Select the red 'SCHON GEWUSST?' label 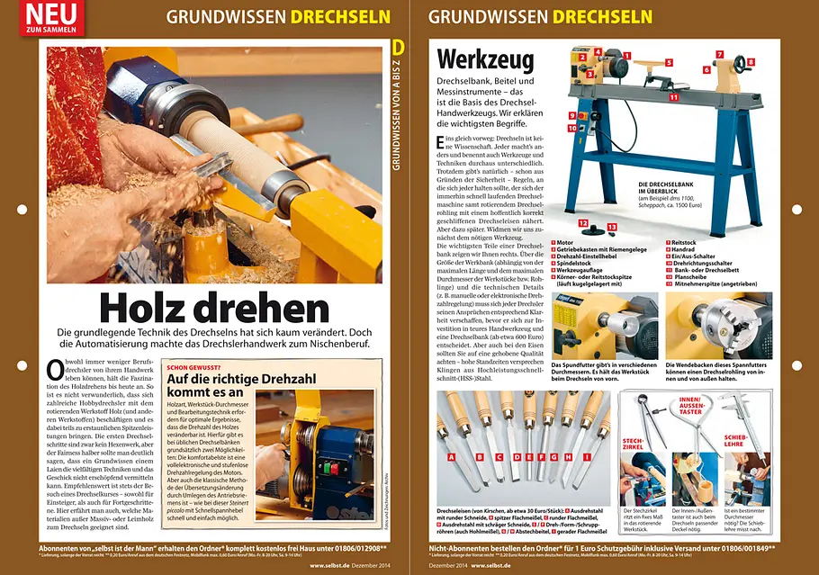pos(194,367)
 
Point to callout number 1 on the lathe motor pos(625,55)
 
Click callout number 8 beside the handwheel pos(751,62)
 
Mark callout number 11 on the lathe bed pos(672,96)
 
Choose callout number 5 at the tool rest pos(670,63)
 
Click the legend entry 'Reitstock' pos(689,243)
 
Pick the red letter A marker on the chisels pos(450,457)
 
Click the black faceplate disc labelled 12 pos(583,222)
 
